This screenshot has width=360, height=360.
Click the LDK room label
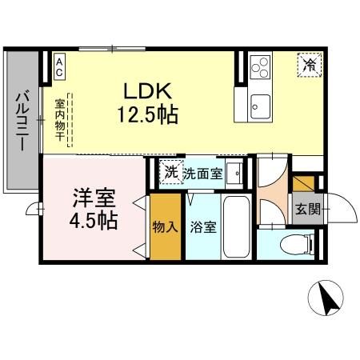pos(145,90)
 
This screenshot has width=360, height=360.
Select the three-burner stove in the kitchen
pos(261,67)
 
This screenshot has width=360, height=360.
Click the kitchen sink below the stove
pos(261,102)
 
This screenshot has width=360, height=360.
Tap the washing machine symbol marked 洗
pos(170,172)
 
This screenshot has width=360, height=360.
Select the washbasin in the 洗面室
pos(235,172)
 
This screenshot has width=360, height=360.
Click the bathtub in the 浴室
pos(236,226)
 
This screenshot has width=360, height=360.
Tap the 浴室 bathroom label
pos(203,228)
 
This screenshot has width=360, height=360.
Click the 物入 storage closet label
pos(165,227)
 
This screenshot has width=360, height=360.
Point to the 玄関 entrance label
pos(306,210)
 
